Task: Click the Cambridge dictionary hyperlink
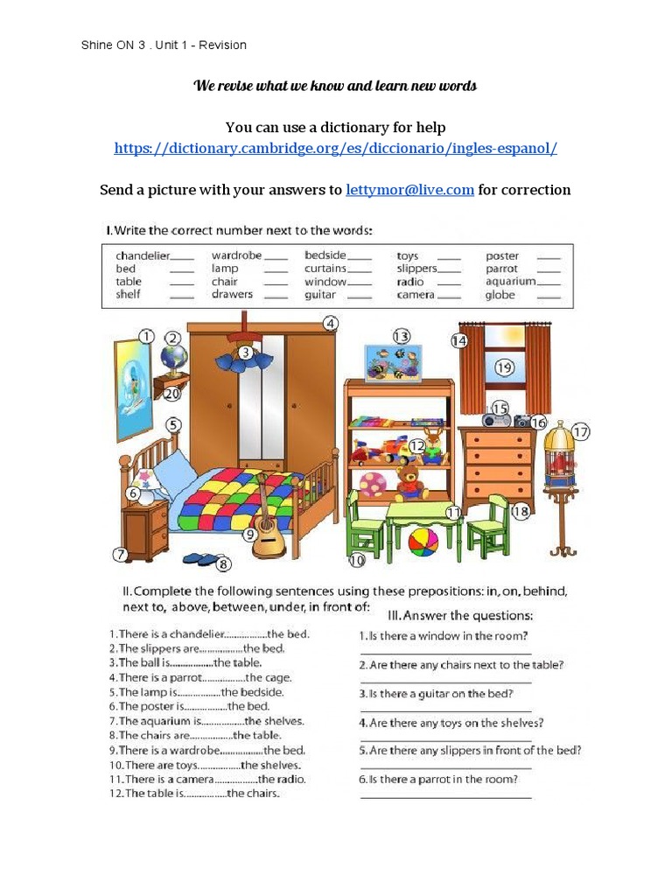click(x=335, y=148)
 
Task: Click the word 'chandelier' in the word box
click(x=143, y=255)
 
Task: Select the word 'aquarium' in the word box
click(x=511, y=282)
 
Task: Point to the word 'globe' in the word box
click(x=500, y=295)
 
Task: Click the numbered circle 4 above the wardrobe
click(x=330, y=324)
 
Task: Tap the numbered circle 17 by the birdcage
click(x=581, y=430)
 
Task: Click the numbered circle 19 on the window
click(x=503, y=367)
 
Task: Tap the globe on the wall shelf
click(x=174, y=359)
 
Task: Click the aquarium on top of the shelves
click(x=391, y=361)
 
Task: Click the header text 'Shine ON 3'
click(x=113, y=45)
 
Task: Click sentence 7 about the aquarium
click(x=206, y=721)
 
